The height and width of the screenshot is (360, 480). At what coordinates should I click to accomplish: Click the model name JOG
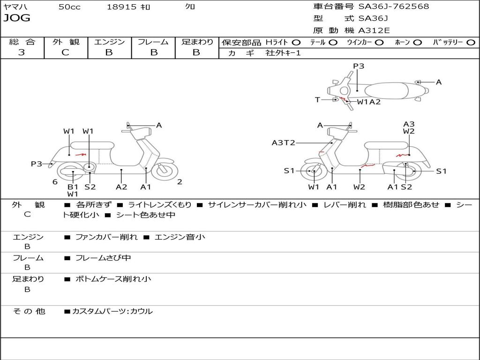click(x=17, y=18)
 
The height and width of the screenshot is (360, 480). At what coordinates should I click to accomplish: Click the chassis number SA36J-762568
click(x=394, y=7)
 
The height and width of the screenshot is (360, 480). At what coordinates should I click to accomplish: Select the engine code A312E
click(x=374, y=30)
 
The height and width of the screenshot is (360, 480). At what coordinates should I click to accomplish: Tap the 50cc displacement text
click(x=69, y=7)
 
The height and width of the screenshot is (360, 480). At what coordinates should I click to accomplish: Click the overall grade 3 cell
click(x=22, y=52)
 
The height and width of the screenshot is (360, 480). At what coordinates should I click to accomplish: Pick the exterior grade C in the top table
click(x=66, y=52)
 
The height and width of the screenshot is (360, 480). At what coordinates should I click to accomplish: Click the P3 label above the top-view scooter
click(x=359, y=66)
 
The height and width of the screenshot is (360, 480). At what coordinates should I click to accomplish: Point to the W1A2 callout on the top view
click(x=369, y=102)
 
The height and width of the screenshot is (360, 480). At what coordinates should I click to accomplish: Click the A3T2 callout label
click(x=284, y=143)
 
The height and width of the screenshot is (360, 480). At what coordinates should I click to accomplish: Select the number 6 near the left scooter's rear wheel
click(x=55, y=182)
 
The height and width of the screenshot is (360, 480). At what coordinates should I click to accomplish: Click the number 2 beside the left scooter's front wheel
click(x=180, y=182)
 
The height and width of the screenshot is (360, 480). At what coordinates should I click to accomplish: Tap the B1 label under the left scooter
click(x=73, y=187)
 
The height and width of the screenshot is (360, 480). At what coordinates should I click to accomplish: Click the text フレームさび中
click(x=103, y=258)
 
